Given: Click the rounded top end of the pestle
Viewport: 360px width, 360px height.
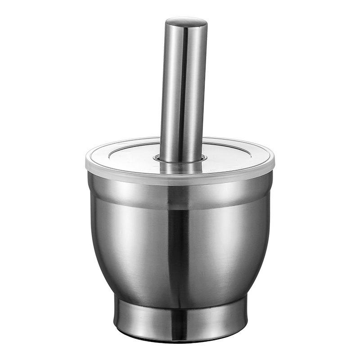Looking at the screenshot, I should pyautogui.click(x=186, y=22).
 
